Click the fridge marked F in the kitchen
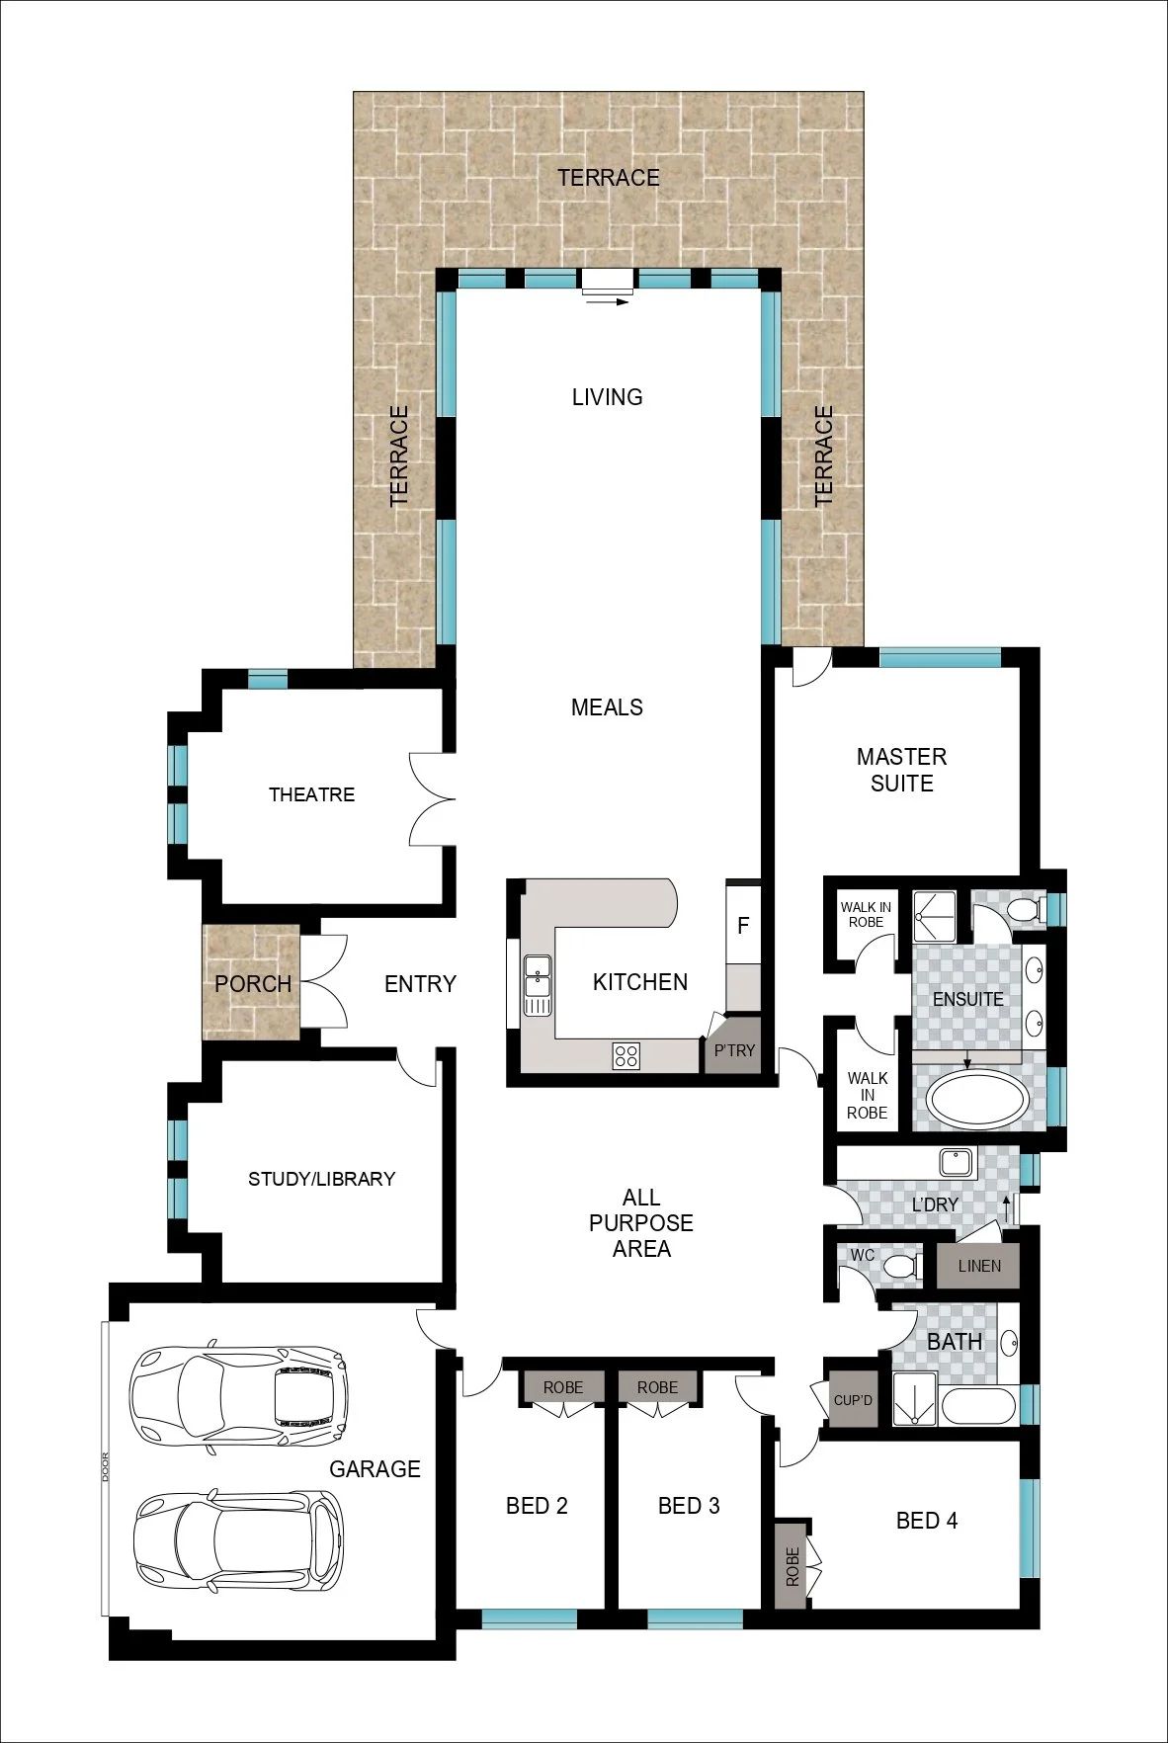pyautogui.click(x=743, y=924)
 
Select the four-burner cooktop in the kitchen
pyautogui.click(x=626, y=1055)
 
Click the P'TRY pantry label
pyautogui.click(x=734, y=1050)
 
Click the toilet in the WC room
pyautogui.click(x=901, y=1266)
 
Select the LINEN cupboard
pyautogui.click(x=978, y=1266)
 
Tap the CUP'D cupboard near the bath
pyautogui.click(x=853, y=1399)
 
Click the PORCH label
pyautogui.click(x=253, y=984)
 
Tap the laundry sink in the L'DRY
pyautogui.click(x=957, y=1162)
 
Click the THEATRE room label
pyautogui.click(x=311, y=794)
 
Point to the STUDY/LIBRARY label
pyautogui.click(x=321, y=1179)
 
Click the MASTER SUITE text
pyautogui.click(x=901, y=770)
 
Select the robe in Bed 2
pyautogui.click(x=562, y=1387)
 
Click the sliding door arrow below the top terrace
pyautogui.click(x=607, y=302)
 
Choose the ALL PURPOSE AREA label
pyautogui.click(x=641, y=1223)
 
